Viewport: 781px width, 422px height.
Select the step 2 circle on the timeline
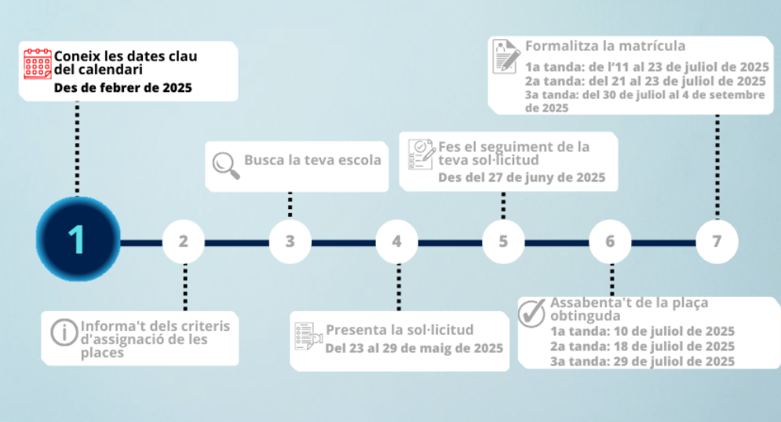(184, 240)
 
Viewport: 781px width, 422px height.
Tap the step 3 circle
(290, 240)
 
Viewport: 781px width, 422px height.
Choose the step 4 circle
(397, 240)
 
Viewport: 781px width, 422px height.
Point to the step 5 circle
(503, 240)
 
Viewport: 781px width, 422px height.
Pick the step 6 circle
(610, 240)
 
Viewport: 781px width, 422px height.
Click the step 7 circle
(717, 240)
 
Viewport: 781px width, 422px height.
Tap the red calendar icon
(38, 64)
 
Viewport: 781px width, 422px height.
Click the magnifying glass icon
(226, 164)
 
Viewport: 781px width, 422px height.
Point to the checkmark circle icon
(532, 312)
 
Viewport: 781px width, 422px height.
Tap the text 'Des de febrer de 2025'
(122, 88)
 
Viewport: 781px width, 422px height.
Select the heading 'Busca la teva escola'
(312, 160)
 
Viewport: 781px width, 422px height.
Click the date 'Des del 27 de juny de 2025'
(521, 178)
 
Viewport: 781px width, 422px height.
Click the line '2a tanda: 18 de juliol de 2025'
(642, 346)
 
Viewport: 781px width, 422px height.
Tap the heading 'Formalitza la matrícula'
(605, 46)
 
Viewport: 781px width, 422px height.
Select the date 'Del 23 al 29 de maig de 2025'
(414, 347)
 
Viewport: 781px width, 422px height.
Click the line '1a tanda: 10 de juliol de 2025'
(642, 331)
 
